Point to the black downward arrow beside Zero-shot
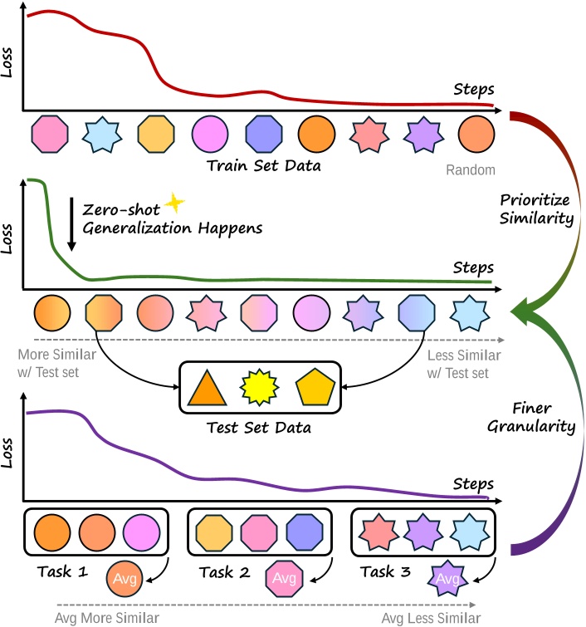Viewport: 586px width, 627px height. (71, 223)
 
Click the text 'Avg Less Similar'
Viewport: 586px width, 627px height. (432, 618)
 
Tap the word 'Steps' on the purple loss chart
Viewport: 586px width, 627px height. (473, 483)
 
